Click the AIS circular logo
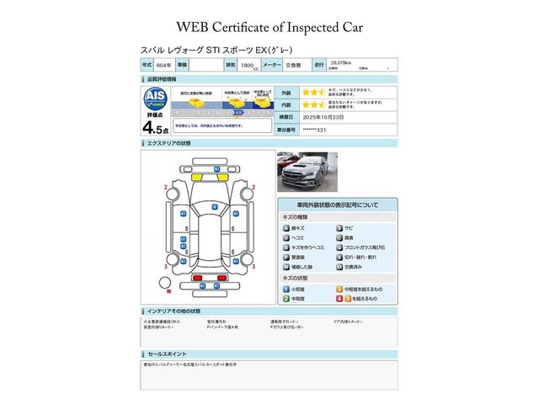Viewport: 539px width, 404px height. (153, 96)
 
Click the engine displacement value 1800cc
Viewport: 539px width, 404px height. (248, 64)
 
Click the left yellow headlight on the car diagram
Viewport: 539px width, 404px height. (204, 178)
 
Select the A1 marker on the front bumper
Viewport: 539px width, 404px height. (216, 169)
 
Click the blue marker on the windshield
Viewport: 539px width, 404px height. (215, 206)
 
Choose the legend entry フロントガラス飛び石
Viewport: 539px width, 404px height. (366, 247)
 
